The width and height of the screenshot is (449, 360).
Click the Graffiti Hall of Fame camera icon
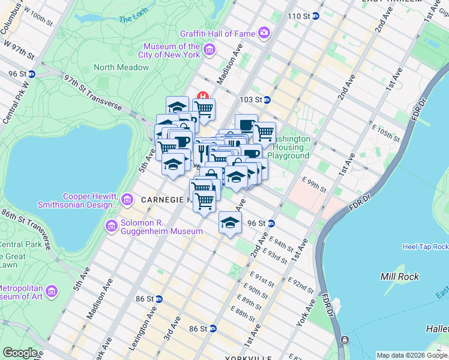tap(264, 32)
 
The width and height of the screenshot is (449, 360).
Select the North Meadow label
tap(121, 68)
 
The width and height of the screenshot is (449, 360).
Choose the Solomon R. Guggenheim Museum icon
tap(111, 226)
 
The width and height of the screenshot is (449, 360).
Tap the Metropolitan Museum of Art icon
tap(52, 292)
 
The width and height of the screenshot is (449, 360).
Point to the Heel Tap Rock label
tap(425, 247)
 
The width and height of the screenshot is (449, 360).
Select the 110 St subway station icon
tap(316, 16)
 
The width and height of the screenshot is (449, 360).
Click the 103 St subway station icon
tap(267, 100)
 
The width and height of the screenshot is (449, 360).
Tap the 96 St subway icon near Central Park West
tap(32, 74)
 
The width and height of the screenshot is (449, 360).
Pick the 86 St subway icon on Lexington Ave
tap(159, 298)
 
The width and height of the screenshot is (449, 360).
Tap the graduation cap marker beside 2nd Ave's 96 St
tap(230, 223)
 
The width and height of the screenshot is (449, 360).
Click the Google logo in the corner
tap(20, 353)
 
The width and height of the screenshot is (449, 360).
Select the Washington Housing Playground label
tap(292, 147)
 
